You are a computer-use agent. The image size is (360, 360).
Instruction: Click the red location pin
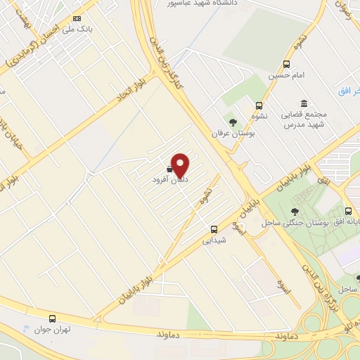click(x=181, y=165)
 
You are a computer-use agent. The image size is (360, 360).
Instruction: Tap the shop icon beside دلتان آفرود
click(x=170, y=169)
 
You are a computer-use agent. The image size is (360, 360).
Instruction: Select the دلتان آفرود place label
click(x=169, y=180)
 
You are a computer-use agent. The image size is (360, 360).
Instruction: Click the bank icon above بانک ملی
click(x=77, y=18)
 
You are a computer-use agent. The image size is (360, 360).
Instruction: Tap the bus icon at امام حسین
click(x=286, y=64)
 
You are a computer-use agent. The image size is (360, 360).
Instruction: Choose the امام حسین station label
click(x=285, y=75)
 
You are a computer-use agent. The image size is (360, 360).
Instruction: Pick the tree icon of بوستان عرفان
click(x=233, y=122)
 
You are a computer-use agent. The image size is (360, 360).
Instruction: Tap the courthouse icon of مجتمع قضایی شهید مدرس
click(x=304, y=103)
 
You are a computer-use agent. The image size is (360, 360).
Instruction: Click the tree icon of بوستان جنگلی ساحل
click(x=295, y=212)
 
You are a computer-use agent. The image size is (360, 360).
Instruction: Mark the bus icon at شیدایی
click(x=214, y=229)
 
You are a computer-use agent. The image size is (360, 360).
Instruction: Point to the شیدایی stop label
click(x=214, y=240)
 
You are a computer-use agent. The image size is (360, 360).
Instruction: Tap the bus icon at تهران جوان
click(x=53, y=319)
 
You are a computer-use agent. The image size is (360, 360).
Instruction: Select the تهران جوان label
click(x=51, y=330)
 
